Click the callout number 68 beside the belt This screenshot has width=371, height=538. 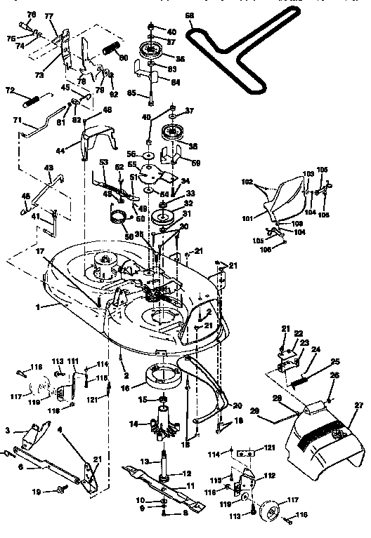(189, 15)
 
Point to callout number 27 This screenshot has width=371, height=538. (360, 405)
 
